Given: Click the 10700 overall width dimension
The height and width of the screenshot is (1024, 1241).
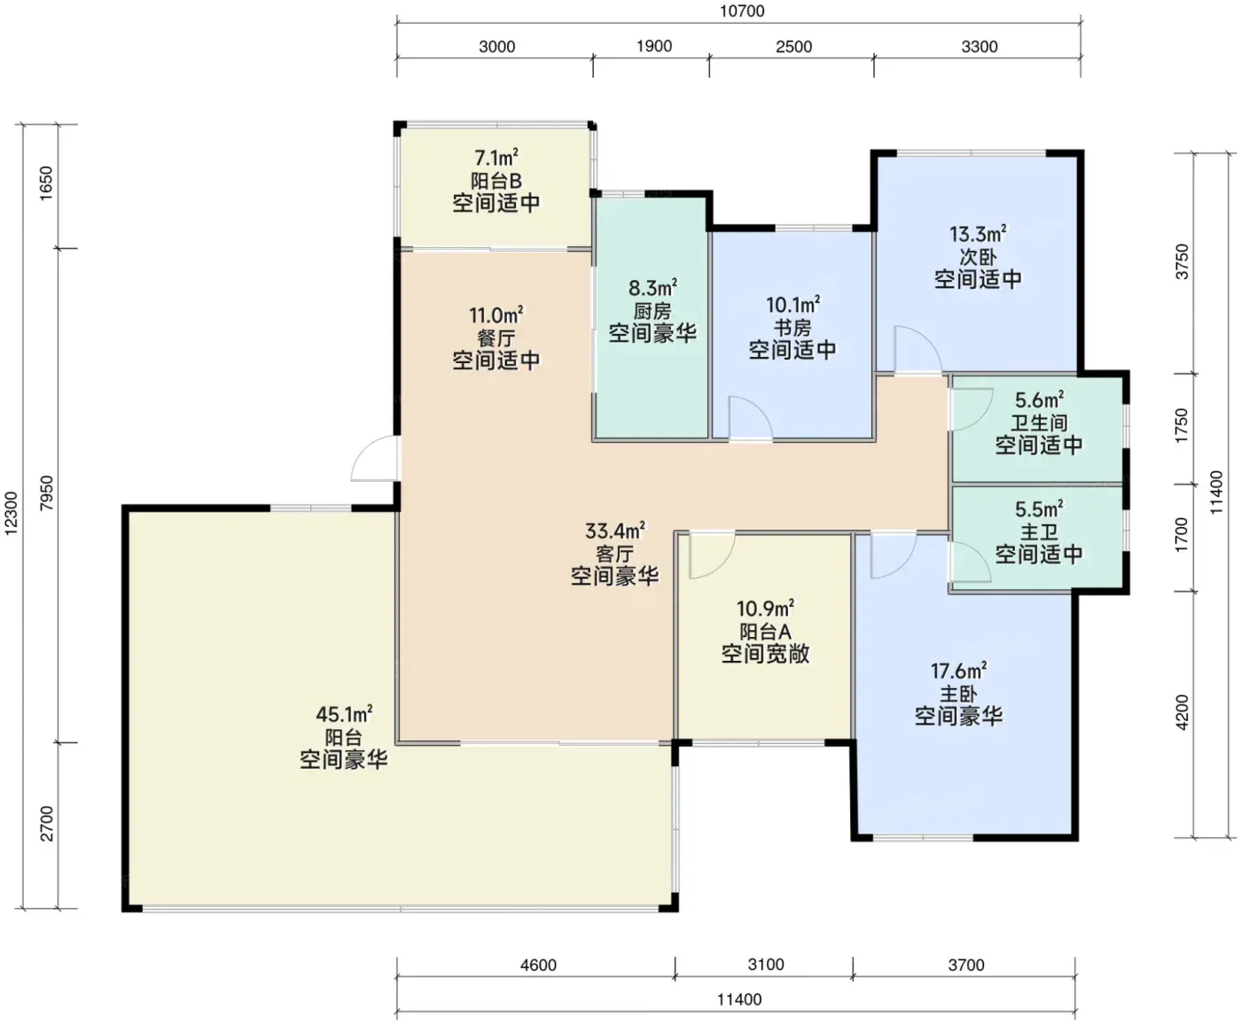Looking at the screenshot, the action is click(x=742, y=12).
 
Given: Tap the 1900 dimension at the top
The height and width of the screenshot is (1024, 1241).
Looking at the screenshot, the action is click(x=654, y=46).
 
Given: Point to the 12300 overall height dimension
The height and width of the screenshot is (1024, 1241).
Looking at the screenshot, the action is click(x=12, y=513).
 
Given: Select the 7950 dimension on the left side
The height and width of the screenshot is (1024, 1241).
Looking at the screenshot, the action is click(x=46, y=493).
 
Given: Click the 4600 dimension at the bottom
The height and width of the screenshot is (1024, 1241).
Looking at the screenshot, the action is click(x=538, y=966).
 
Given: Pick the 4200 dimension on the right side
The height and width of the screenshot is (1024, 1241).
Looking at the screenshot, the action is click(x=1182, y=712).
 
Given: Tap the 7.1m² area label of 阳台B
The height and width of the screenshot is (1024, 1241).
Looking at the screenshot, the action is click(x=496, y=158).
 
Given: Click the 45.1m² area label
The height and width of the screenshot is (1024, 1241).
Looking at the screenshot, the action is click(x=344, y=713).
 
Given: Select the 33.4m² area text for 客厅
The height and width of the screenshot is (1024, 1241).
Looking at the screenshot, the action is click(x=615, y=530).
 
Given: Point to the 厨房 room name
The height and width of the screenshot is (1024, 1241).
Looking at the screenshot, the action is click(x=652, y=311).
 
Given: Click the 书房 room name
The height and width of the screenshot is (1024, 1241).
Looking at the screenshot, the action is click(x=792, y=327).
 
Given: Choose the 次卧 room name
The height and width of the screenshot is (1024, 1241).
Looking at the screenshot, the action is click(x=978, y=257).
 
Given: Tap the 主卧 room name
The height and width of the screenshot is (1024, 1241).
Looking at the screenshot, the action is click(x=959, y=694).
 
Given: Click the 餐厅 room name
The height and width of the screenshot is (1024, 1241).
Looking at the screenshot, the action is click(x=496, y=338).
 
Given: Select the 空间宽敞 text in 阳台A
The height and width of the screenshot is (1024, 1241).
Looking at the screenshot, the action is click(x=766, y=654).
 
